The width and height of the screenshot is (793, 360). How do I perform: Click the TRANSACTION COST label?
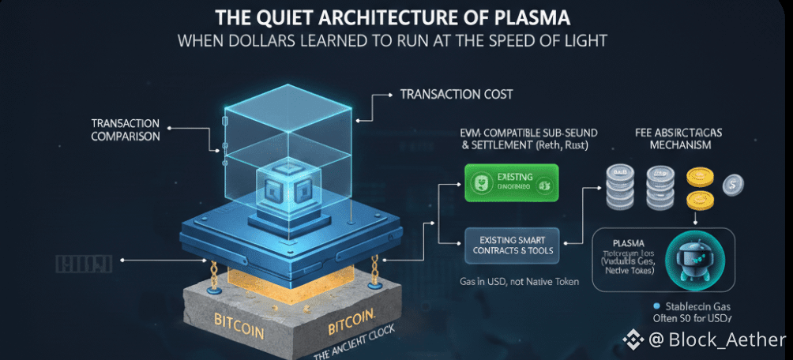point(456,94)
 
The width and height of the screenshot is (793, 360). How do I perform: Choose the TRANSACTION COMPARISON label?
point(126,129)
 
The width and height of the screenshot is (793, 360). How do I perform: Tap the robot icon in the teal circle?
point(687,261)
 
